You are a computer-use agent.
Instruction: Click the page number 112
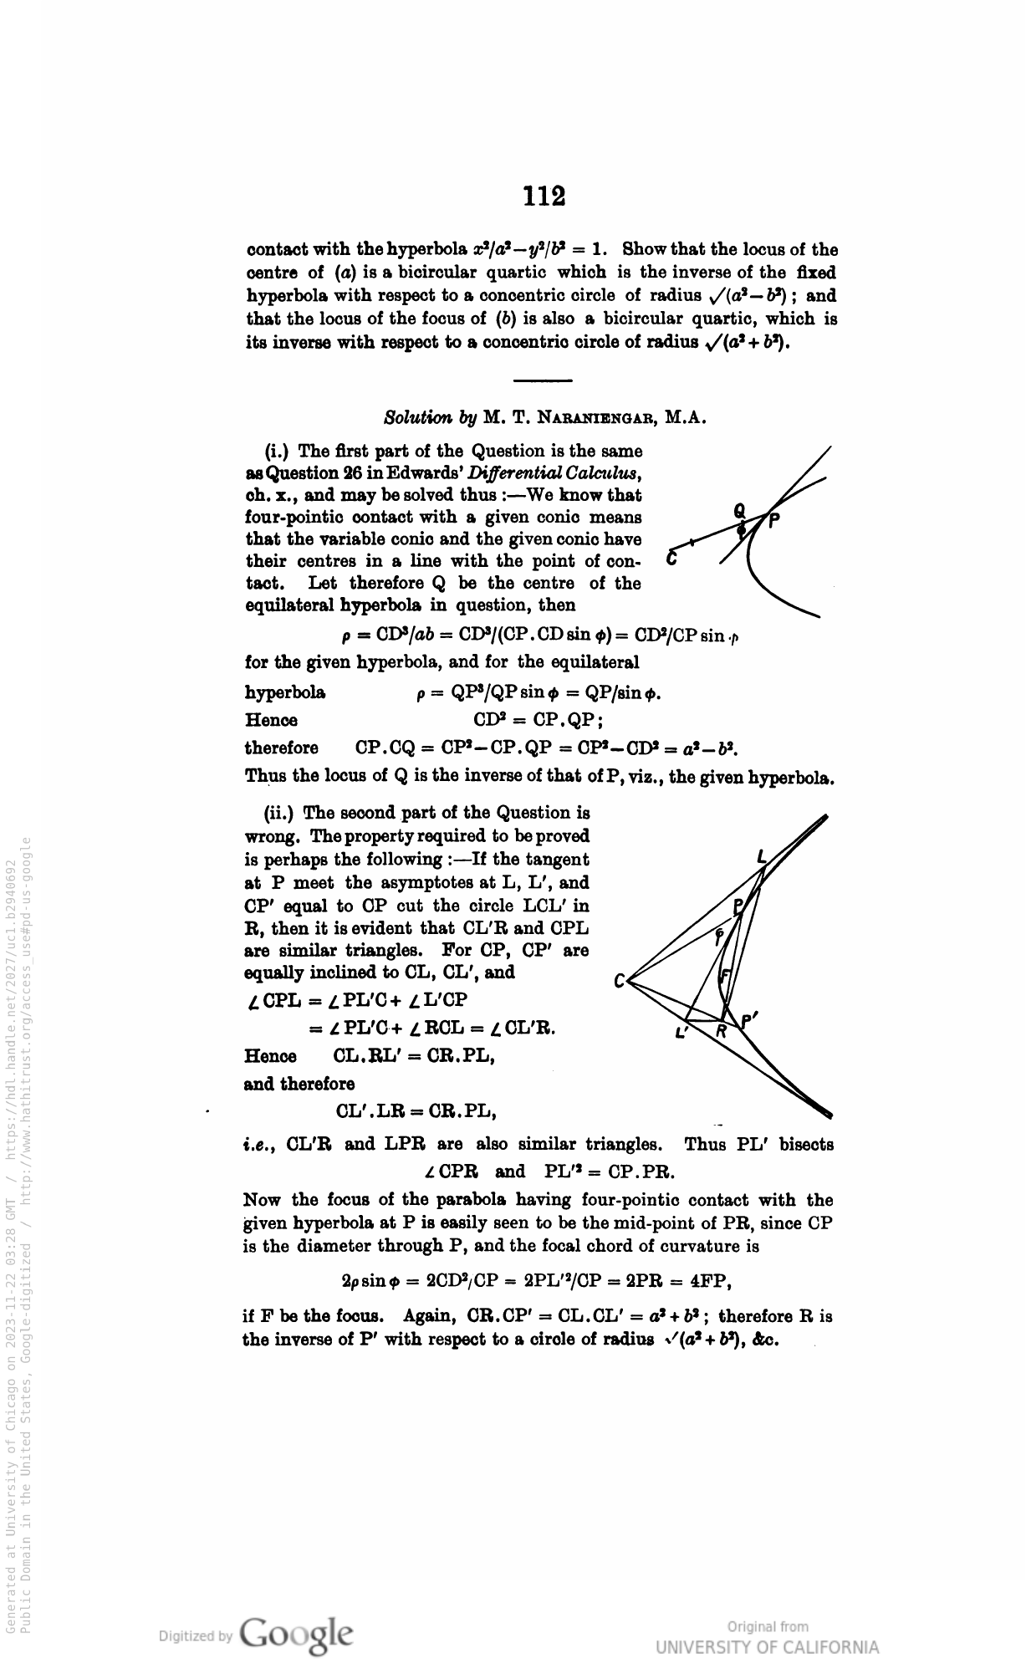(x=544, y=196)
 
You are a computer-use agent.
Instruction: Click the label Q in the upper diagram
(x=738, y=509)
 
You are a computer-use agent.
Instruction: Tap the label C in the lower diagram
(x=620, y=982)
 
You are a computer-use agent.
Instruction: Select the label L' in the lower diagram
(x=681, y=1034)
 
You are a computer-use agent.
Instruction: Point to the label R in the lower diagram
(x=722, y=1034)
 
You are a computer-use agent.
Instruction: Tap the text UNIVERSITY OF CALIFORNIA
(x=768, y=1646)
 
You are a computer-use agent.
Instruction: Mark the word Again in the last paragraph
(x=428, y=1316)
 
